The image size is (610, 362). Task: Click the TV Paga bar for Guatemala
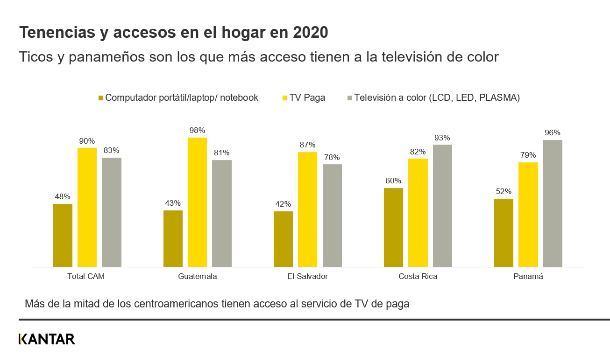197,202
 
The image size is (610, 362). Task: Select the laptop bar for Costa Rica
393,227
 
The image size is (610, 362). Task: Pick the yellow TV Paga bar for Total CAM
87,207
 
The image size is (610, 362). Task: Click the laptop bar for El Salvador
283,239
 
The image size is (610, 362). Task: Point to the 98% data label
197,130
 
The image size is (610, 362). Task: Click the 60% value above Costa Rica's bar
393,181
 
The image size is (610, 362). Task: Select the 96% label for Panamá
553,133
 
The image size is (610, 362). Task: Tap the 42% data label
283,204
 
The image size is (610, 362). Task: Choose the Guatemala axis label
197,276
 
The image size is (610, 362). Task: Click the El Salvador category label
307,276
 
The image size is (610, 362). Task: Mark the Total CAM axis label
86,276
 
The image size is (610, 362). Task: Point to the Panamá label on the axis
528,276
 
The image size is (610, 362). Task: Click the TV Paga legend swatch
284,98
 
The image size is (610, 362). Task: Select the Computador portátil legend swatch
100,98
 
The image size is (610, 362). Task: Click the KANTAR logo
47,339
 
